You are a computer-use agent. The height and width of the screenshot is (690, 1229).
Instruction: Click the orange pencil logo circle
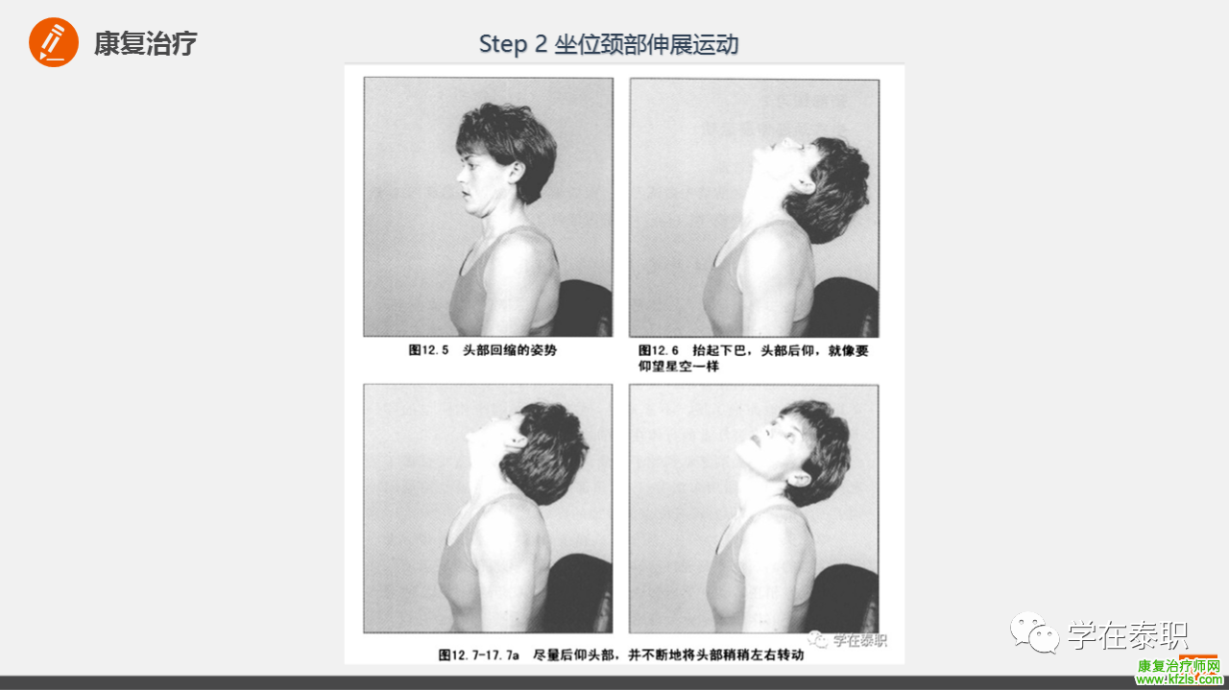click(54, 42)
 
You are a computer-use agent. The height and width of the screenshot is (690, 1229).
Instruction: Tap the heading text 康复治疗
click(145, 43)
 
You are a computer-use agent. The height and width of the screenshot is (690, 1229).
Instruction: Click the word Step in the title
click(503, 44)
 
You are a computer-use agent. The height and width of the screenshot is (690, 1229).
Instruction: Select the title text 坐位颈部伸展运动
click(646, 44)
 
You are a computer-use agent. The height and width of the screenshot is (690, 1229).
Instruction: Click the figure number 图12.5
click(428, 350)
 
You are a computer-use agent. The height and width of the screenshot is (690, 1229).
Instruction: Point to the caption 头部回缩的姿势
click(510, 350)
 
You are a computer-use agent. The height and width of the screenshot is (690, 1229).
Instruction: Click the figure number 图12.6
click(659, 350)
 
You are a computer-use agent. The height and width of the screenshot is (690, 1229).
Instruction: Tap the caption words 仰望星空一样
click(678, 366)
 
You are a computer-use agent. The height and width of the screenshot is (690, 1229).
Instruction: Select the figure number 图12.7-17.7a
click(478, 654)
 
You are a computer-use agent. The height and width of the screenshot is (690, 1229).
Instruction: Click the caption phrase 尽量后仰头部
click(573, 654)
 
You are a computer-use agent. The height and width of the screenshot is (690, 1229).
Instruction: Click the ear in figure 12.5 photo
click(516, 172)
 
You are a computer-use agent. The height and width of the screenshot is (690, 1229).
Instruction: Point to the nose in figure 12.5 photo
click(462, 175)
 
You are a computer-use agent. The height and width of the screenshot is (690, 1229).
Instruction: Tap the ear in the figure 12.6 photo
click(803, 185)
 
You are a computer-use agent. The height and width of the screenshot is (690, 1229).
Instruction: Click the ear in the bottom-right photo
click(800, 481)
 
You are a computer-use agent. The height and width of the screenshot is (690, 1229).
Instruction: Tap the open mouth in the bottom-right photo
click(756, 440)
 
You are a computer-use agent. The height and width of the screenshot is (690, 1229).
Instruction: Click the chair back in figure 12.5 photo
click(585, 307)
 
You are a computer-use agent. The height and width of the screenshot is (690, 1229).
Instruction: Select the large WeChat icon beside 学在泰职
click(1035, 632)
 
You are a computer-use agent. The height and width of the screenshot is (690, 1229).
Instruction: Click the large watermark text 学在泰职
click(1127, 635)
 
